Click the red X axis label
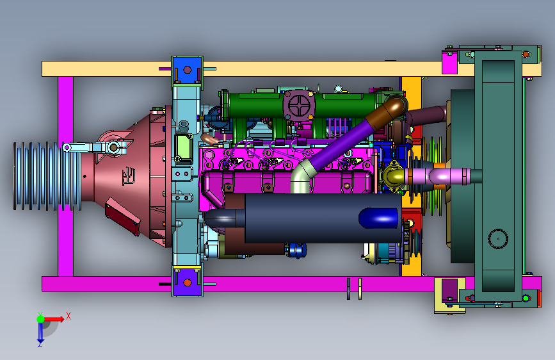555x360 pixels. pos(68,316)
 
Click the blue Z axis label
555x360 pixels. pos(40,344)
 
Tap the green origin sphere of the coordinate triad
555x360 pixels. pos(41,319)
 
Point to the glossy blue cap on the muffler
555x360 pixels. pos(379,218)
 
